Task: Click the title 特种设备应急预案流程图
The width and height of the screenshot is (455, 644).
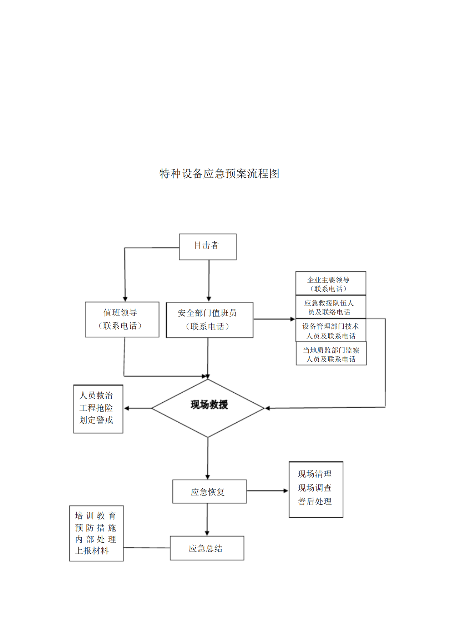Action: coord(219,173)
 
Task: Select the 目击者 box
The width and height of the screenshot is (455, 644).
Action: coord(207,246)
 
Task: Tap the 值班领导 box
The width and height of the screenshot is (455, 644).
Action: coord(122,319)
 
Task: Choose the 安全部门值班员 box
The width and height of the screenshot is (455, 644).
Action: coord(209,320)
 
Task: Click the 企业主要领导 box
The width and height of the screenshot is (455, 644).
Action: coord(330,283)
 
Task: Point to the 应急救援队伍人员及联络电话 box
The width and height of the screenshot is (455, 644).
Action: coord(330,307)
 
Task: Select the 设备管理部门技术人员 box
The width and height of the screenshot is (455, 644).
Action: coord(330,331)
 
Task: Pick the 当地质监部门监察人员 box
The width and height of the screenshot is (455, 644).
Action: coord(331,354)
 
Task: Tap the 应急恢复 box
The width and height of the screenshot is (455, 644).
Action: coord(209,492)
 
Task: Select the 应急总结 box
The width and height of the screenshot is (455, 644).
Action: coord(207,548)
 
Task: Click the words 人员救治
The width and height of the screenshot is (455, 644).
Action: coord(96,395)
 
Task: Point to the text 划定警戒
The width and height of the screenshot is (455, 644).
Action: coord(96,420)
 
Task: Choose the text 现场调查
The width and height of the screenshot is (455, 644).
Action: coord(315,488)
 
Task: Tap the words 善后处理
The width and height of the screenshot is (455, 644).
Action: coord(315,501)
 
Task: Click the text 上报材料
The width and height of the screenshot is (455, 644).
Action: coord(92,550)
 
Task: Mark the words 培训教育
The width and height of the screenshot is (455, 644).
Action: coord(95,515)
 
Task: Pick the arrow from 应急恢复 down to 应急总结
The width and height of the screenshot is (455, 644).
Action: coord(207,519)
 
